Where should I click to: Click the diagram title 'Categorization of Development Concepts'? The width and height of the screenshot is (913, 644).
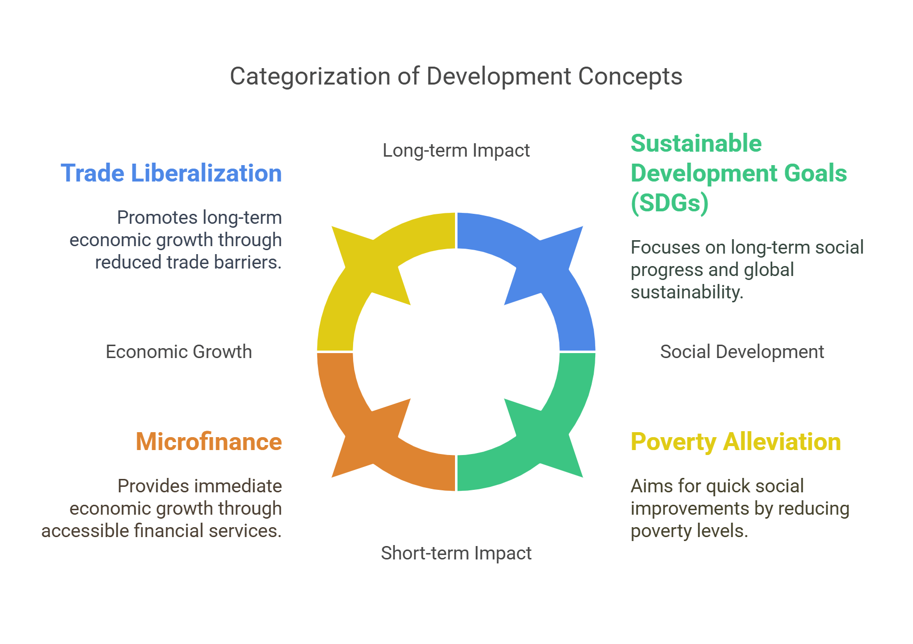coord(456,77)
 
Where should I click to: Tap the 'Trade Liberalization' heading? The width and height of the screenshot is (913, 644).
coord(171,173)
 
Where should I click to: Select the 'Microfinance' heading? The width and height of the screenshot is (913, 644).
coord(209,442)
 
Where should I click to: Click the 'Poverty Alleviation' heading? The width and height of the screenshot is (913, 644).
coord(735,442)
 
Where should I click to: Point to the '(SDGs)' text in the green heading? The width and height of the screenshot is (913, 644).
coord(669,203)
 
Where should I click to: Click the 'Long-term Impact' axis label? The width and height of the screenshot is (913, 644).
coord(456,150)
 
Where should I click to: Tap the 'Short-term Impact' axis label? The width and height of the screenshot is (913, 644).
coord(456,553)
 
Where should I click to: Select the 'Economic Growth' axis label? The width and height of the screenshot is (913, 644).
coord(179,352)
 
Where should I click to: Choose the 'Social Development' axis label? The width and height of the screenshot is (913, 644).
coord(742,352)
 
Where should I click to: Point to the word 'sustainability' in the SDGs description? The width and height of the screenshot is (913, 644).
coord(686,292)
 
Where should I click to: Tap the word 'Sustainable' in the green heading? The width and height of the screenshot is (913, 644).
coord(696,143)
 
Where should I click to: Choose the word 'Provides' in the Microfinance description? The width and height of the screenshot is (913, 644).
coord(149,486)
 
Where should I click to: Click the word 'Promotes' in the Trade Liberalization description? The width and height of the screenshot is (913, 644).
coord(149,217)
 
